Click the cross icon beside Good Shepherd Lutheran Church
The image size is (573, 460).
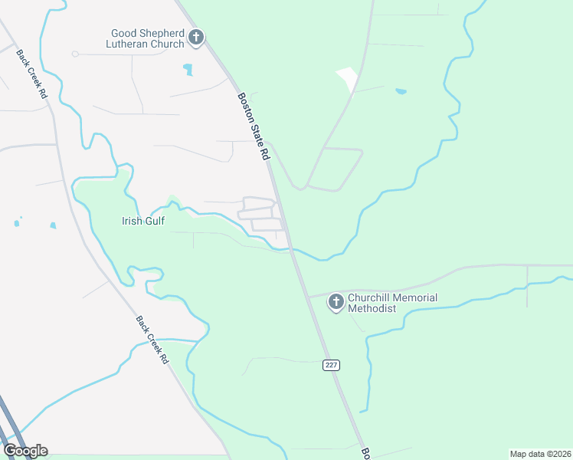(x=196, y=37)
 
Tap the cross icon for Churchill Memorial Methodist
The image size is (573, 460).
(x=336, y=302)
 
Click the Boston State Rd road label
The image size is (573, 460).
(x=254, y=127)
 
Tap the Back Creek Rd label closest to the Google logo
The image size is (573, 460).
(x=152, y=340)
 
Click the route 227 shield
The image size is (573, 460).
(x=331, y=365)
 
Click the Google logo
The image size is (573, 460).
(x=25, y=451)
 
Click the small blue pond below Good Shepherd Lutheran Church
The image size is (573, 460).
(x=188, y=70)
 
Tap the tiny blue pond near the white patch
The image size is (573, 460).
(x=401, y=91)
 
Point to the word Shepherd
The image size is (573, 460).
(x=162, y=33)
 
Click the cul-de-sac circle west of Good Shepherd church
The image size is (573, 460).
(x=75, y=54)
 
